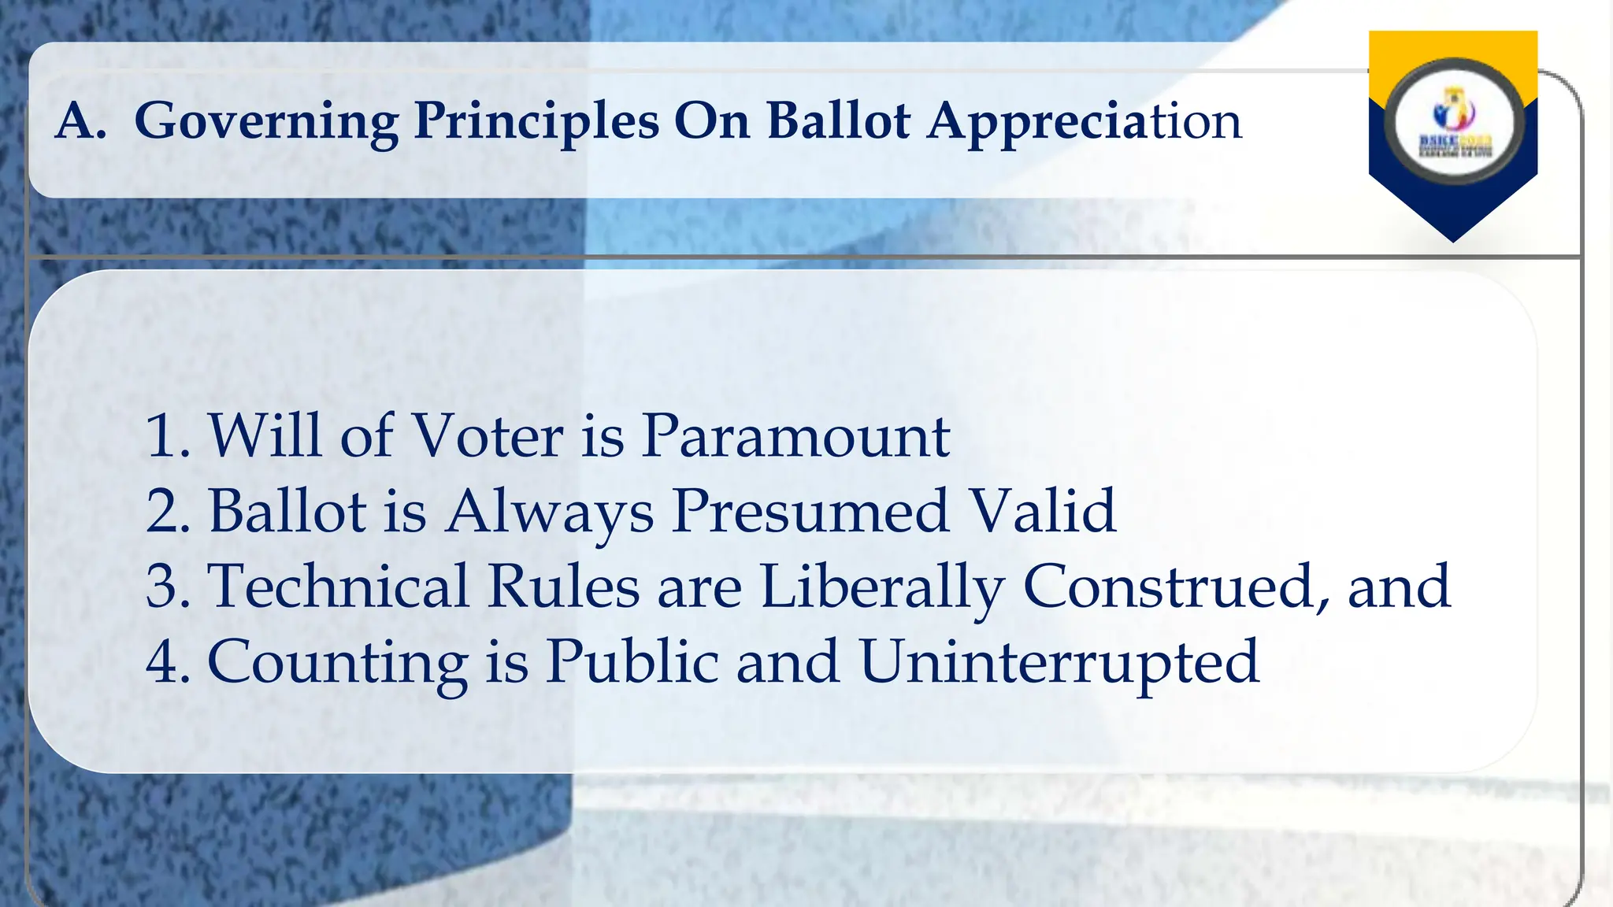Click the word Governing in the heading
click(266, 122)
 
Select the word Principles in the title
click(536, 122)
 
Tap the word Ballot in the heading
click(838, 122)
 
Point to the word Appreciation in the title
click(1084, 122)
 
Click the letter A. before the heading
click(81, 122)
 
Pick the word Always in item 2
click(549, 511)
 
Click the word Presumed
click(810, 511)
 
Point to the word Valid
click(1042, 511)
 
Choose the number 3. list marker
click(168, 587)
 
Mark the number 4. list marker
click(168, 662)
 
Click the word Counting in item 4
click(337, 662)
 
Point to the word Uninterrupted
click(1059, 662)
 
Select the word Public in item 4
click(632, 662)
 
